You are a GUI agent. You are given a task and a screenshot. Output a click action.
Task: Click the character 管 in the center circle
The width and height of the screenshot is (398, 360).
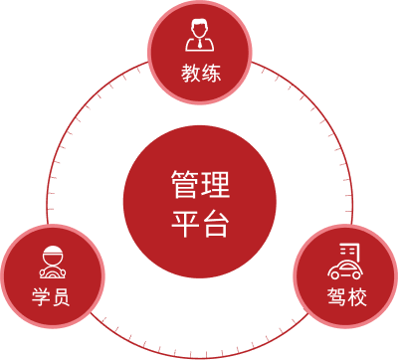tap(185, 185)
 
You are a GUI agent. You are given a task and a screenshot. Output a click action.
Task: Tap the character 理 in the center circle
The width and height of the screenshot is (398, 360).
tap(214, 185)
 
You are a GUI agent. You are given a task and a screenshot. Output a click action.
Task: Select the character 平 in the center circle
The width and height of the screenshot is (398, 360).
tap(185, 222)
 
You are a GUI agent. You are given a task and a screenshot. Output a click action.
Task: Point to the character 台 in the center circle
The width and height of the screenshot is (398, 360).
tap(214, 222)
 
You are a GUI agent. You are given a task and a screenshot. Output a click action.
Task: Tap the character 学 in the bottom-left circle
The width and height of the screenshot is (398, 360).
tap(40, 297)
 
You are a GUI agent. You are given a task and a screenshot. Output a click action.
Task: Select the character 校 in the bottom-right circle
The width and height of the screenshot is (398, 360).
tap(356, 297)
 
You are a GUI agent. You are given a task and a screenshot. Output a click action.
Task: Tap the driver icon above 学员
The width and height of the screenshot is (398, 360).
tap(51, 261)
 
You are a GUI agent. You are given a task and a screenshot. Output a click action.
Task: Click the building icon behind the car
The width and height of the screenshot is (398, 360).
tap(349, 250)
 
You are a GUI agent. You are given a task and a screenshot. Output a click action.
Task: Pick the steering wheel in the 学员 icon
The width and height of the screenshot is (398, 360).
tap(51, 270)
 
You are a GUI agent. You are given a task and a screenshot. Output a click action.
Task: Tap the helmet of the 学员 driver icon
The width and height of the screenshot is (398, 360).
tap(51, 250)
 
